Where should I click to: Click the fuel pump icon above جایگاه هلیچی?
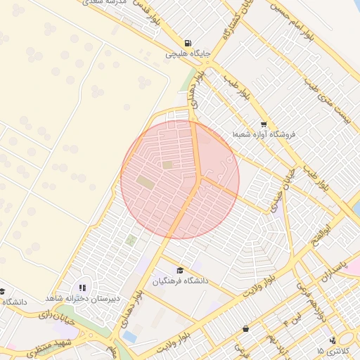pyautogui.click(x=187, y=42)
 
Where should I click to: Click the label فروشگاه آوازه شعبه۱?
pyautogui.click(x=264, y=134)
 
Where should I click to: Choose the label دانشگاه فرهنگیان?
pyautogui.click(x=181, y=281)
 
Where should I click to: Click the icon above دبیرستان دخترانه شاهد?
pyautogui.click(x=82, y=288)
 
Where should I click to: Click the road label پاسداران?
pyautogui.click(x=333, y=270)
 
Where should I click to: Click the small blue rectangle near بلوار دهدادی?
pyautogui.click(x=129, y=337)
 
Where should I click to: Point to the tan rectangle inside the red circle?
pyautogui.click(x=145, y=182)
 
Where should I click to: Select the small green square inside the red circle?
pyautogui.click(x=167, y=165)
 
